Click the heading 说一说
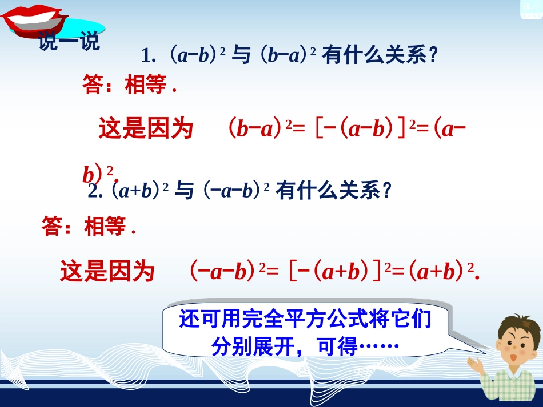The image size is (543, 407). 69,42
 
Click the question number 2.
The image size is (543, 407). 95,191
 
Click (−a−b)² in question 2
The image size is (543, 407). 236,191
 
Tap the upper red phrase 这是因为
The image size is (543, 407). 146,128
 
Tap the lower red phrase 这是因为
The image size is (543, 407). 107,271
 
